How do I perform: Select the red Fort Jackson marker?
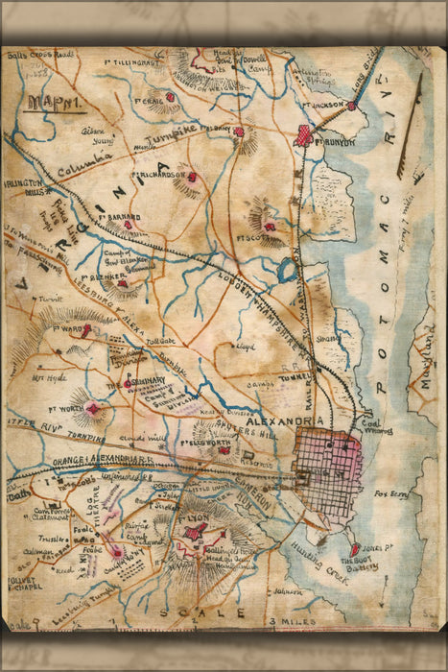[x=352, y=106]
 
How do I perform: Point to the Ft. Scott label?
[x=273, y=236]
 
